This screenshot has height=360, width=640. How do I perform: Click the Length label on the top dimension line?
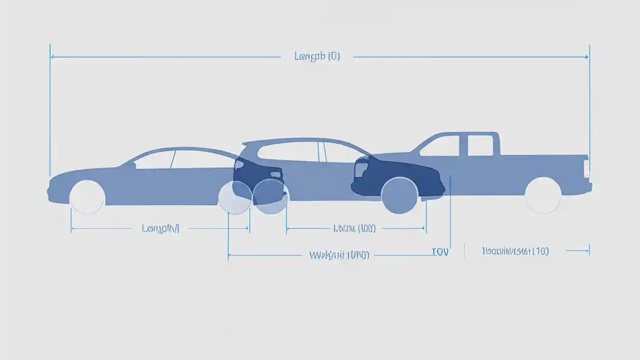pos(317,56)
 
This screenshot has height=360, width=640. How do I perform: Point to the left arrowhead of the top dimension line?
pos(52,57)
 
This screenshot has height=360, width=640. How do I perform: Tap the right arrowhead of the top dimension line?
pos(586,57)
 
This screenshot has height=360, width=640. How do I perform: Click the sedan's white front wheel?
pos(87,197)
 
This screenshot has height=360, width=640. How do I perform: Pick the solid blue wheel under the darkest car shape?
pos(399,195)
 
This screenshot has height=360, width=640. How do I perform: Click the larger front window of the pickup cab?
pos(441,145)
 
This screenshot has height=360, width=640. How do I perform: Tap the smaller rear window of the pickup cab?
pos(480,145)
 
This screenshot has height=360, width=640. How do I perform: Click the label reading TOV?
pos(440,252)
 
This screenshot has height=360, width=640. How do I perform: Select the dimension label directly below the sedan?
pos(160,228)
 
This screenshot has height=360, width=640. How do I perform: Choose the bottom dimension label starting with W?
pos(339,255)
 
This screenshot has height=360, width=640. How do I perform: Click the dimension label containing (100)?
pos(354,228)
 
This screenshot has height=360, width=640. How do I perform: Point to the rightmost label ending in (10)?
pos(515,251)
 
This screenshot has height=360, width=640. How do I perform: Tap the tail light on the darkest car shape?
pos(361,169)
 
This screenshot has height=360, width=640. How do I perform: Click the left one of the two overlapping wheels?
pos(235,197)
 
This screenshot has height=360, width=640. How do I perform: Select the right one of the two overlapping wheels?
pos(271,196)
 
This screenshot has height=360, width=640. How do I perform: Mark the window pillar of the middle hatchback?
pos(323,151)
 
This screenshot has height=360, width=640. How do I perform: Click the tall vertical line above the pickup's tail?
pos(589,100)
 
